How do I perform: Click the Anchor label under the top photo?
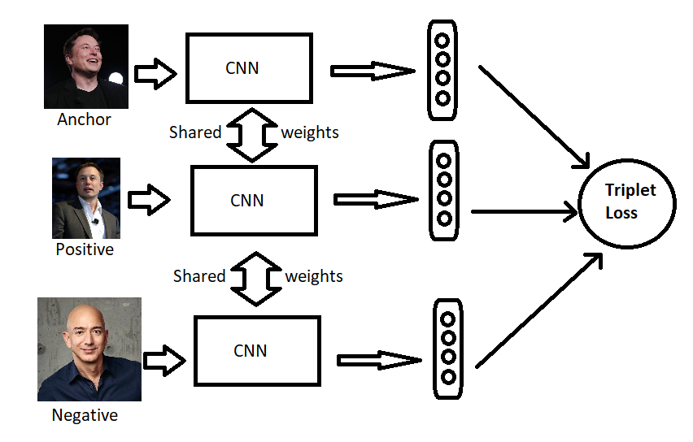coord(84,119)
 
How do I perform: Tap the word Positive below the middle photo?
coord(85,249)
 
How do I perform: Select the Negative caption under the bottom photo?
coord(85,415)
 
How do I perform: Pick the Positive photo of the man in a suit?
coord(86,198)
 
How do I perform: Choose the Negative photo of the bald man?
coord(89,349)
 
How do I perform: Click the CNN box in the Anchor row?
coord(249,67)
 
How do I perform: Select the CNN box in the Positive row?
coord(253,200)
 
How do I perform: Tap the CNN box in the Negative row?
coord(256,351)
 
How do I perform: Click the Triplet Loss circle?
coord(626,202)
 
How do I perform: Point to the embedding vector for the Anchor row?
coord(442,69)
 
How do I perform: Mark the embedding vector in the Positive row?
coord(444,189)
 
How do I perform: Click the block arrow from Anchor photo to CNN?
coord(155,74)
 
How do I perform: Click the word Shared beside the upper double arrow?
coord(195,132)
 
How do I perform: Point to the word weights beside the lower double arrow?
coord(314,276)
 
